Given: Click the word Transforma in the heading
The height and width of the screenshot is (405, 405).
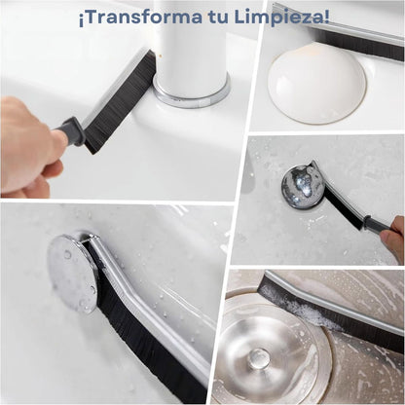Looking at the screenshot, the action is (x=142, y=17).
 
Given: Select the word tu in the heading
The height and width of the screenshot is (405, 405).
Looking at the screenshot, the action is (x=217, y=18).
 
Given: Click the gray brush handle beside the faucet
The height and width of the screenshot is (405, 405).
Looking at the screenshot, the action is (x=71, y=131).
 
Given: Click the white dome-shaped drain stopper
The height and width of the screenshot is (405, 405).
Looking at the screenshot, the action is (x=317, y=83).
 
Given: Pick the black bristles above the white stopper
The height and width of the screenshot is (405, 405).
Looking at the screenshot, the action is (x=358, y=46).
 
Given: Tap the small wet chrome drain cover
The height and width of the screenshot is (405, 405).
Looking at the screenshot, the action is (x=301, y=186).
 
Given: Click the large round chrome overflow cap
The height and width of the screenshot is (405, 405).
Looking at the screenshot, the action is (x=72, y=272).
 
